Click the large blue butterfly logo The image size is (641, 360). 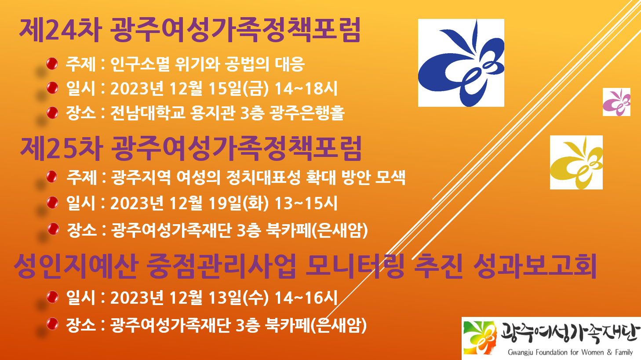461,63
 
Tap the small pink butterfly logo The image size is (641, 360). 616,102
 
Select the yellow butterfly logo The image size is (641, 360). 576,162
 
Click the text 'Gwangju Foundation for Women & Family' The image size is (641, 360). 570,352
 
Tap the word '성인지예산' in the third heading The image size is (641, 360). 76,266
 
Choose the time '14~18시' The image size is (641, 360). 306,88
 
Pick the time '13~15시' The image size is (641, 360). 306,203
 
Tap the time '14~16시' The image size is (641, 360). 306,297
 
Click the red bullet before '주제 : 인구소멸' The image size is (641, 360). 52,64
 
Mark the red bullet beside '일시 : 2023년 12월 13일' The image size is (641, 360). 52,297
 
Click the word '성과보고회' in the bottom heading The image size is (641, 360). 535,266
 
